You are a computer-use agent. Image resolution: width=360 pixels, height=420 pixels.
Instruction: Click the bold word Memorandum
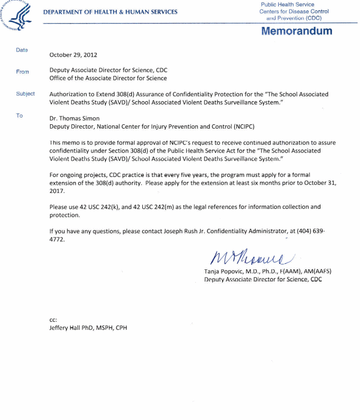[297, 31]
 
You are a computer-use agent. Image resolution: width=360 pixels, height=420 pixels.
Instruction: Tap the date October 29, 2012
[74, 55]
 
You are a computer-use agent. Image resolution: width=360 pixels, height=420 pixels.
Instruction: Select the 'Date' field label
[22, 50]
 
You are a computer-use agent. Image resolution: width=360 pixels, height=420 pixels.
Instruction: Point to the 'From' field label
[23, 71]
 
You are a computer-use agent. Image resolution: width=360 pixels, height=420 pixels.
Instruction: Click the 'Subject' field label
[25, 93]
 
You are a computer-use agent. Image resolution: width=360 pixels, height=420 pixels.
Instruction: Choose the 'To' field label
[20, 115]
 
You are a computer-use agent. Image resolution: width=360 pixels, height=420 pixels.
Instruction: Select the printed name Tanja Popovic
[225, 272]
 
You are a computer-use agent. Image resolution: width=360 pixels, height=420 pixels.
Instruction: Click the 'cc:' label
[53, 319]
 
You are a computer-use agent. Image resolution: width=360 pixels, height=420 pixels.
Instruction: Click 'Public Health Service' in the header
[287, 5]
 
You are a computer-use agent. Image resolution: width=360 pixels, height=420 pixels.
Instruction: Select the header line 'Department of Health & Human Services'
[110, 12]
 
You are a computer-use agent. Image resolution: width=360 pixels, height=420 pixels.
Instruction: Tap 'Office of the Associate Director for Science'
[108, 79]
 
